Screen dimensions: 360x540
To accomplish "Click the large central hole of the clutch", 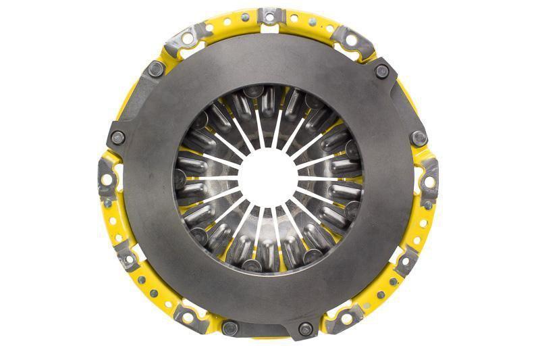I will [269, 178].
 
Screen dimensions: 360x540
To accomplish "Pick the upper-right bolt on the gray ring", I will [382, 71].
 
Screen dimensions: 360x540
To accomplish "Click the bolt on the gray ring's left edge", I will [118, 137].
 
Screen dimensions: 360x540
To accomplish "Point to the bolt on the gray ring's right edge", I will [419, 138].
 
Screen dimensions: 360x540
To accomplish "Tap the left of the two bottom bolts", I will [230, 328].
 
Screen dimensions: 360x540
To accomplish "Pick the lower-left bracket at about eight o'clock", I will [126, 257].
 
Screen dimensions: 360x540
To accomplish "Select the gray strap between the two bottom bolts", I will [268, 330].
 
